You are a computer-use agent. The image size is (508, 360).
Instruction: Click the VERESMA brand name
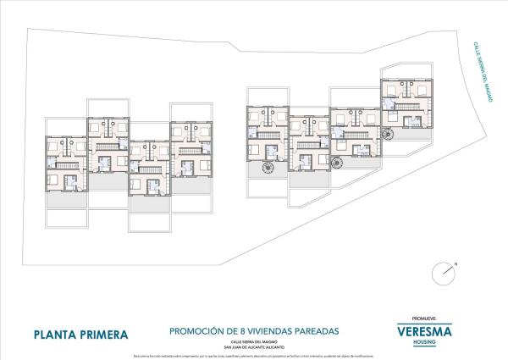coord(424,331)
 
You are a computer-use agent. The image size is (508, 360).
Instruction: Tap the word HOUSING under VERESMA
coord(424,342)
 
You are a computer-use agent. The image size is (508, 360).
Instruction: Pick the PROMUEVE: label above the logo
coord(424,319)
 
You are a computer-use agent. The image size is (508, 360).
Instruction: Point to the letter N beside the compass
coord(455,264)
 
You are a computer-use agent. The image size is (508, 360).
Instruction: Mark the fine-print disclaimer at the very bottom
coord(254,355)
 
